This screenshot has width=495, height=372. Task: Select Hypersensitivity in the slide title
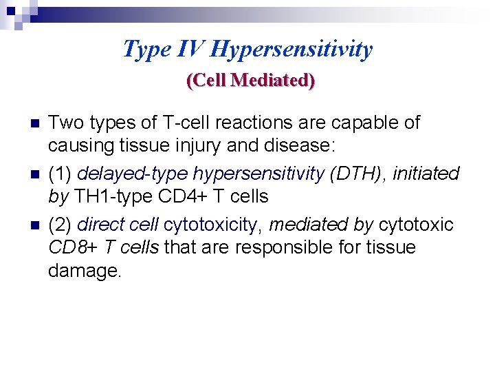(x=291, y=50)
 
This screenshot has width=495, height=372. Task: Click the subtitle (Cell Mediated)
(x=250, y=81)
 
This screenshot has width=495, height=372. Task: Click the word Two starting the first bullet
(x=65, y=123)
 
